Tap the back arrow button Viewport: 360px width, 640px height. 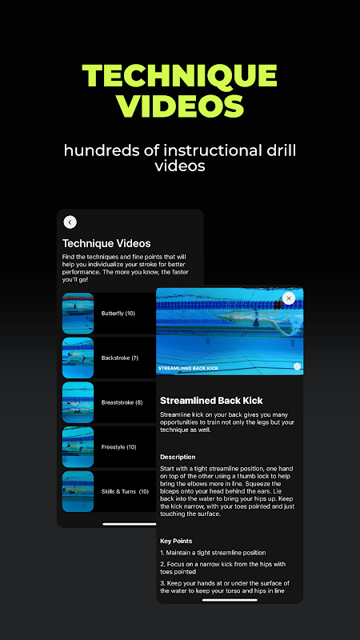(70, 222)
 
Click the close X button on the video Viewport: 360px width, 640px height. (289, 298)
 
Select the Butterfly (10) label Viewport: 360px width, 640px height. (118, 314)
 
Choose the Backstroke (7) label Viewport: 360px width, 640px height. (120, 358)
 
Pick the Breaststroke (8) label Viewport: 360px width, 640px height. (122, 402)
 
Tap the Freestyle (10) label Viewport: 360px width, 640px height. (118, 447)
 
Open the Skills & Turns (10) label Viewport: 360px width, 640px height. (125, 491)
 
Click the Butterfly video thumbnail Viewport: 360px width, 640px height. (78, 314)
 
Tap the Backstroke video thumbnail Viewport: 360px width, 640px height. (78, 358)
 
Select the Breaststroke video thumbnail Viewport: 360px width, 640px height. (78, 402)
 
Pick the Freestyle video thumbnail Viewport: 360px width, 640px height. (78, 447)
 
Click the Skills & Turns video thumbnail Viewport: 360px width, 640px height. (78, 491)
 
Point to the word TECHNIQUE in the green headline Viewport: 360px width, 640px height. (179, 75)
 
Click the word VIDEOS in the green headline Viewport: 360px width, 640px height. (179, 106)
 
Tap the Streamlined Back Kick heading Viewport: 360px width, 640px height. (211, 401)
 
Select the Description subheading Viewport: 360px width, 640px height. (178, 457)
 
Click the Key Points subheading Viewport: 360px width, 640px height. (176, 541)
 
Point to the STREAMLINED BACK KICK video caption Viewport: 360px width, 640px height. (188, 368)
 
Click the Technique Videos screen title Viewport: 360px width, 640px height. (106, 244)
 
